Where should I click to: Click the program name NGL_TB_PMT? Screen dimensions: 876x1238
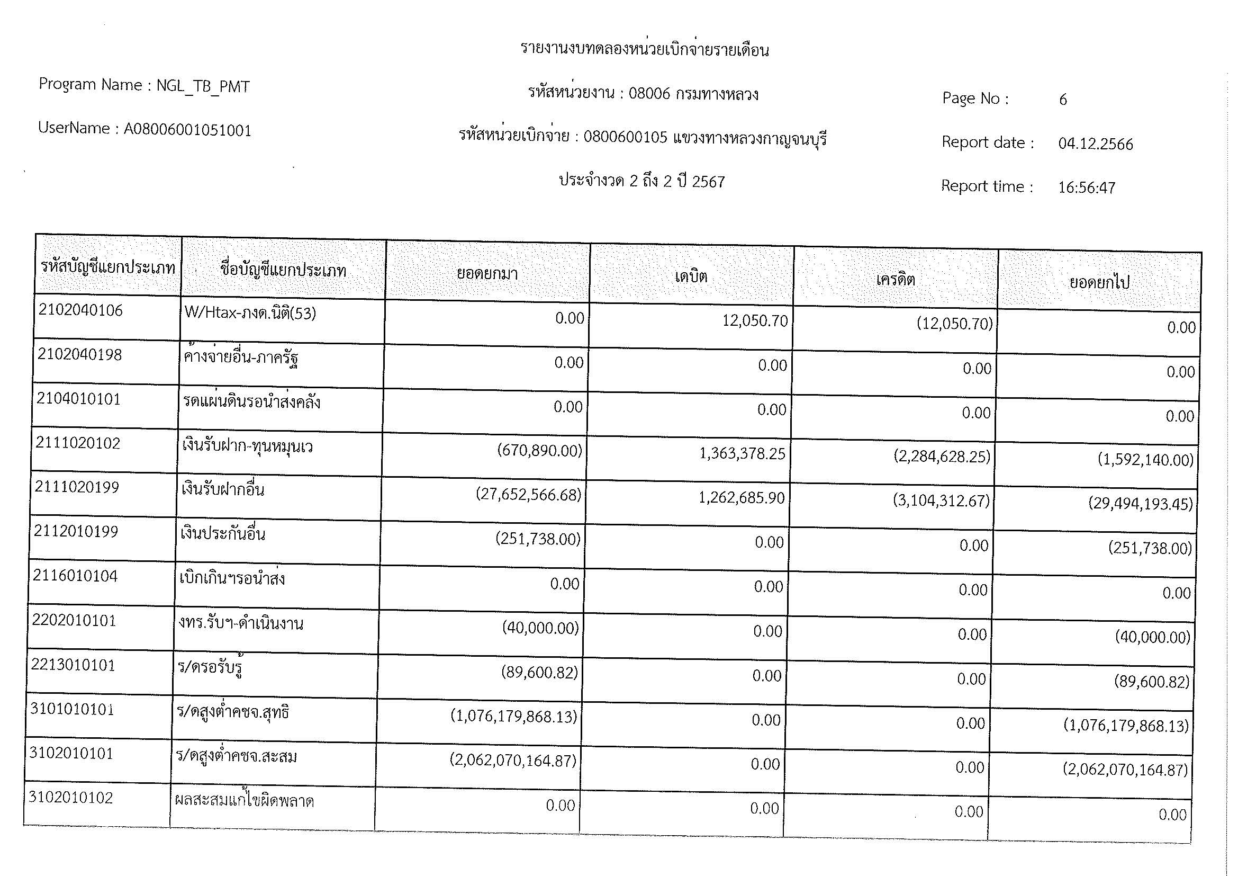point(203,86)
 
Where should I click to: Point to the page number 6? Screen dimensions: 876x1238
point(1063,100)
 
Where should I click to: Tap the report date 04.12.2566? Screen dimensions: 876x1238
point(1095,144)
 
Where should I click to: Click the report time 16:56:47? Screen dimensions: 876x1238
point(1087,187)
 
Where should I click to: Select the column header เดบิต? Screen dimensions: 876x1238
point(691,276)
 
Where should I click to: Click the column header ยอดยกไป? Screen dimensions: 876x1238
point(1099,283)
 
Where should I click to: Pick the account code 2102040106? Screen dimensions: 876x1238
point(81,310)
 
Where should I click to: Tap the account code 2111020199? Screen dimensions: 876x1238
point(77,487)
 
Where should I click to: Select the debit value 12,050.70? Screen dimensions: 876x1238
point(755,321)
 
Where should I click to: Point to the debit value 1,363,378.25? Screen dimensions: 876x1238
point(742,454)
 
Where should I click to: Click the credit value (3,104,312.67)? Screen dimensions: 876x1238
point(942,501)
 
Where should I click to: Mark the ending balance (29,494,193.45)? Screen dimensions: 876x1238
point(1141,504)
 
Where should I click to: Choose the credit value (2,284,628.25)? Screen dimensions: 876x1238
point(942,457)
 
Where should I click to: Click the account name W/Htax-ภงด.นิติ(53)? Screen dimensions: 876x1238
point(250,314)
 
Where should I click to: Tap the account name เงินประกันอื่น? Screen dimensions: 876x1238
point(223,534)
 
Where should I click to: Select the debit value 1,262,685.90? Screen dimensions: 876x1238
point(742,498)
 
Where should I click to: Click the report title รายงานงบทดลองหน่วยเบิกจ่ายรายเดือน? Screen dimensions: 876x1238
point(644,50)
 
